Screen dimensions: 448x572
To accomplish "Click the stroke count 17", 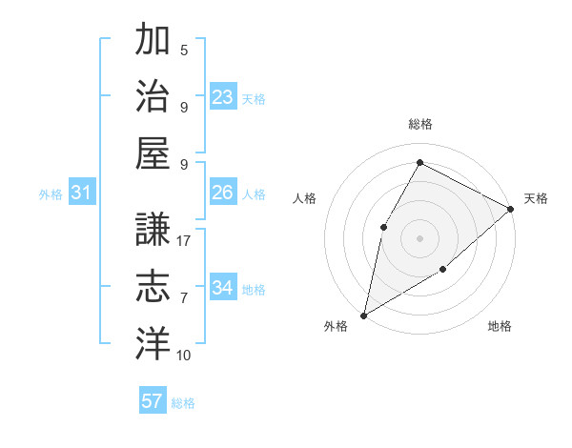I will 185,241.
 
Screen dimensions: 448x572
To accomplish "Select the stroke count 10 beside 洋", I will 184,356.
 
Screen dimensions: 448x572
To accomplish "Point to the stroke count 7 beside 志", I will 184,298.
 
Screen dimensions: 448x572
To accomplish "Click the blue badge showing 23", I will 223,97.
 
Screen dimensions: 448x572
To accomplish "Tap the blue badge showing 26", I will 223,193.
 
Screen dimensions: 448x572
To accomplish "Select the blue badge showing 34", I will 223,288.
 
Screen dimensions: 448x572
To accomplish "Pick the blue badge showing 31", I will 82,193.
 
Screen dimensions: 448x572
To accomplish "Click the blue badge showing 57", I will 153,401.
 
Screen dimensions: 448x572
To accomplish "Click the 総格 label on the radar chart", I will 420,124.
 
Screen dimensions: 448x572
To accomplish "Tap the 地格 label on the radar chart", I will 500,326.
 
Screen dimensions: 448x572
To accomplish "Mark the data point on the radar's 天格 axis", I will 511,209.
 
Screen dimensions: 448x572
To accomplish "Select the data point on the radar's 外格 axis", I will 363,315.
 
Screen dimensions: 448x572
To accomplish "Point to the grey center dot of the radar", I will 419,237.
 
